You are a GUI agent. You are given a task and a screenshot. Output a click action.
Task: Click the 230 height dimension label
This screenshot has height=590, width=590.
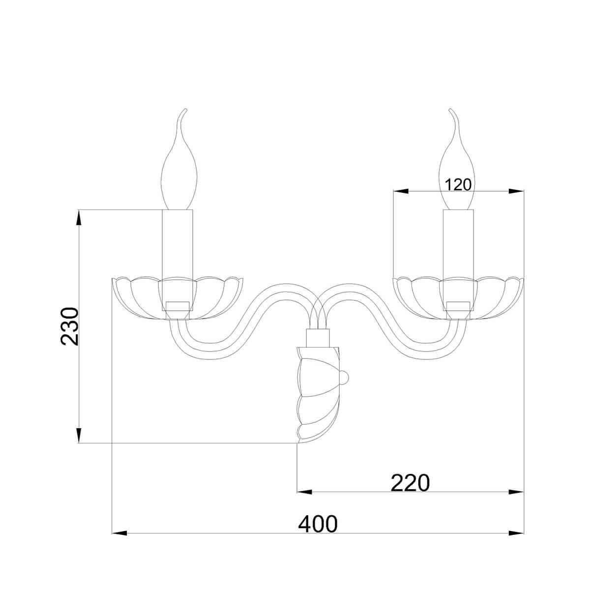coord(70,326)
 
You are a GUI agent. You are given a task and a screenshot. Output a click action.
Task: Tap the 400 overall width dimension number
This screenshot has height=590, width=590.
coord(318,524)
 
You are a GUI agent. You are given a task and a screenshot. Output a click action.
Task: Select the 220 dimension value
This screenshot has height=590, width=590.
coord(410,483)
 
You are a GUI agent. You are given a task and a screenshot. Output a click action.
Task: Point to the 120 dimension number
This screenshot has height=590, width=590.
coord(457,185)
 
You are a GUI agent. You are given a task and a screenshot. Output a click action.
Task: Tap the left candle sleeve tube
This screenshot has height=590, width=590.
coord(177,260)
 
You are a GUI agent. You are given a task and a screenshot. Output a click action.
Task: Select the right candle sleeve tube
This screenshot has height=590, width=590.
coord(458,260)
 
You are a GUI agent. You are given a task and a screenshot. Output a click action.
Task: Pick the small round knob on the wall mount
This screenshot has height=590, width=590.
coord(345,377)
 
